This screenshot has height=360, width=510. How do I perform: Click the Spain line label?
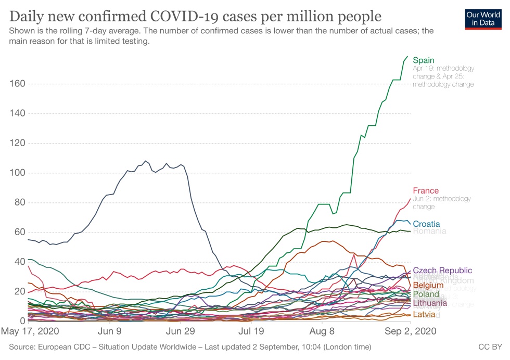tap(423, 60)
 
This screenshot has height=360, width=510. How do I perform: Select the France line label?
tap(426, 191)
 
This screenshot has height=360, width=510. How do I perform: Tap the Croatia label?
tap(426, 224)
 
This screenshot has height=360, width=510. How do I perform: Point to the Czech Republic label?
tap(442, 271)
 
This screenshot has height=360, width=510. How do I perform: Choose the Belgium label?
tap(428, 285)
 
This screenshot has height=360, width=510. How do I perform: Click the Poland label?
tap(426, 294)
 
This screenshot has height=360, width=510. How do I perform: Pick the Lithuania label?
tap(429, 303)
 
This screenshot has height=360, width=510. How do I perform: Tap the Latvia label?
tap(424, 315)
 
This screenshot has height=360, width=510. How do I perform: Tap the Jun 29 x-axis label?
tap(180, 330)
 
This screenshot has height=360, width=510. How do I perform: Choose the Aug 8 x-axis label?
tap(322, 330)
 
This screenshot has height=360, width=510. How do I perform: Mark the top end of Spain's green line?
tap(407, 56)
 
